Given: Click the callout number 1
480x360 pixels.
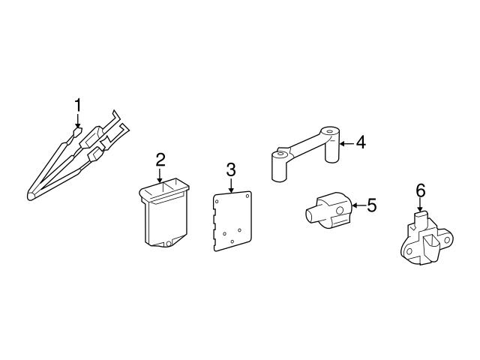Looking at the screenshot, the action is (x=78, y=105).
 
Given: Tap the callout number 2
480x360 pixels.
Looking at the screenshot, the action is (x=160, y=160).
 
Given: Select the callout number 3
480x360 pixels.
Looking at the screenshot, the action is (x=231, y=169).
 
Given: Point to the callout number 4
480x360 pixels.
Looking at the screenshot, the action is (x=361, y=142).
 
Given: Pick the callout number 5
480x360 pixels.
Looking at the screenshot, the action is (x=371, y=205).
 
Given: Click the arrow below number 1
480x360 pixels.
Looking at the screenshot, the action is (x=78, y=121).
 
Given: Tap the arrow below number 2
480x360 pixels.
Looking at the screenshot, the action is (x=160, y=176).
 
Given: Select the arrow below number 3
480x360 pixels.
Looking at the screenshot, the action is (x=231, y=185).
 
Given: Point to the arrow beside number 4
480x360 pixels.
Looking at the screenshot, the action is (x=346, y=143).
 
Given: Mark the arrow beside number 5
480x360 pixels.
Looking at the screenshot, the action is (x=358, y=205).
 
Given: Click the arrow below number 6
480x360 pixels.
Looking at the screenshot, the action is (x=420, y=205).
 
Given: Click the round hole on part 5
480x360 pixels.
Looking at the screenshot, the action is (x=339, y=211).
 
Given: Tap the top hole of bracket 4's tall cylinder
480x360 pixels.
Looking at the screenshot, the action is (x=329, y=132).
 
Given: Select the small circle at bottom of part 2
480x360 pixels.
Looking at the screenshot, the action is (x=168, y=244).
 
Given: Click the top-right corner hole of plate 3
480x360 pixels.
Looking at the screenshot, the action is (x=247, y=196).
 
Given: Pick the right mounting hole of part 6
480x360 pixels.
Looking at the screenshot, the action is (x=448, y=240).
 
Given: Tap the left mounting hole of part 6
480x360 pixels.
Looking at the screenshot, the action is (x=409, y=252).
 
